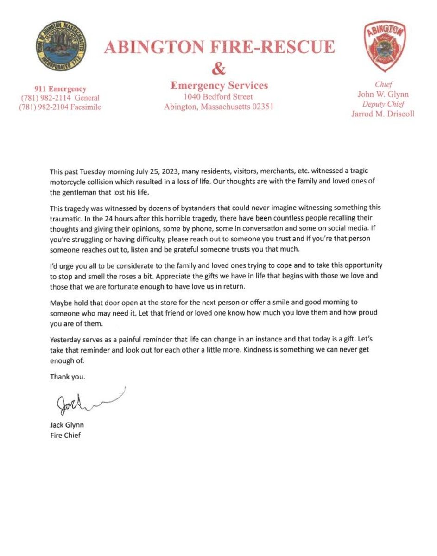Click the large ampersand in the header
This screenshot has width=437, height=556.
pyautogui.click(x=218, y=68)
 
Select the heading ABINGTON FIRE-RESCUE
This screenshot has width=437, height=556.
pyautogui.click(x=219, y=47)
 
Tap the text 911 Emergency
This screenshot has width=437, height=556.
pyautogui.click(x=61, y=88)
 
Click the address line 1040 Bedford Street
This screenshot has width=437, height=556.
pyautogui.click(x=219, y=96)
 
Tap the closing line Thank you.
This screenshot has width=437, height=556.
pyautogui.click(x=68, y=377)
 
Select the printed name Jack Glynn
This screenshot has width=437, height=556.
pyautogui.click(x=67, y=425)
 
